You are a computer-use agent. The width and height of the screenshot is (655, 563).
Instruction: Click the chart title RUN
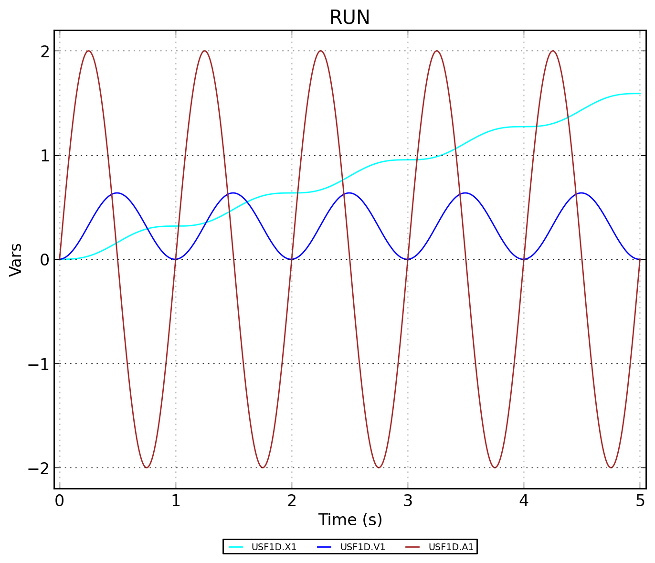coord(349,18)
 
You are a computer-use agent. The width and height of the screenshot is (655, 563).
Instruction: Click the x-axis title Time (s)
coord(350,520)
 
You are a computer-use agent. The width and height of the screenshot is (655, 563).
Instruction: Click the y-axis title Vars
coord(16,259)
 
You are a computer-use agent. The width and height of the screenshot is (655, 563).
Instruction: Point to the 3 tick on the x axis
coord(408,501)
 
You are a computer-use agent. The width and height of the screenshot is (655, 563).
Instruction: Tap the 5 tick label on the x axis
coord(640,501)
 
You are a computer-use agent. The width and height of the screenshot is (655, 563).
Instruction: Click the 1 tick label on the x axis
coord(176,501)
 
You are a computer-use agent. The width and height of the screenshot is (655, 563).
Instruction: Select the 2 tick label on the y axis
coord(45,51)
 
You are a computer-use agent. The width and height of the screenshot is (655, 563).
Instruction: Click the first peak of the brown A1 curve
coord(88,51)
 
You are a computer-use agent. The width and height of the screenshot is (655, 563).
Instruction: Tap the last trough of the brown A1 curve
coord(611,467)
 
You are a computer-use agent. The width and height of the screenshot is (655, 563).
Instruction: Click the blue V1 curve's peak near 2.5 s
coord(349,193)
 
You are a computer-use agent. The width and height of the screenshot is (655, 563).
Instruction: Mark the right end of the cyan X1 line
coord(640,94)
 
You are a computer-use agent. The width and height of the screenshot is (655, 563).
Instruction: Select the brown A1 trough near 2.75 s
coord(379,467)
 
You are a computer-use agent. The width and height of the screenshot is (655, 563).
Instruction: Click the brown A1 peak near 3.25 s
coord(436,51)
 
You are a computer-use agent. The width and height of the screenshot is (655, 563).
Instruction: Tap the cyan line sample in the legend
coord(236,547)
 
